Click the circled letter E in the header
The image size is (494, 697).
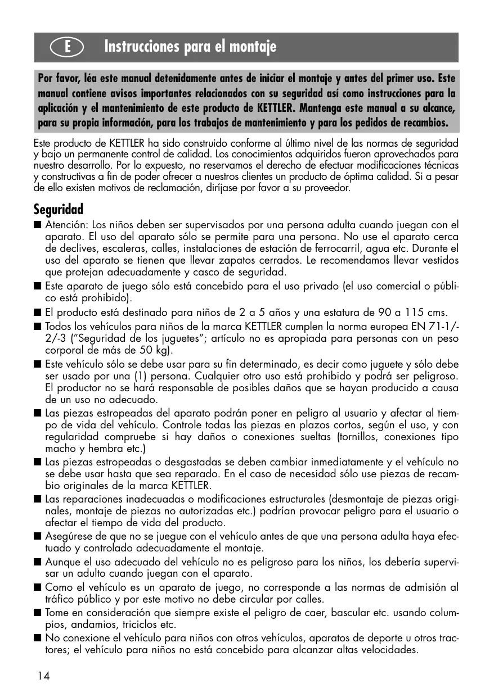coord(67,47)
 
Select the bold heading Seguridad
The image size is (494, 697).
coord(59,210)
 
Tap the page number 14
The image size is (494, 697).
coord(44,676)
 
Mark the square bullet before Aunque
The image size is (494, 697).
coord(38,563)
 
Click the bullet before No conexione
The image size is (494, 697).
coord(38,639)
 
